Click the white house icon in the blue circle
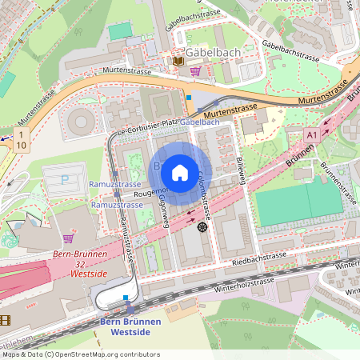[x=180, y=172]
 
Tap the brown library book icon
[x=178, y=60]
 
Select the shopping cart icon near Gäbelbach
[x=195, y=71]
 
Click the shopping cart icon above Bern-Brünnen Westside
[x=68, y=238]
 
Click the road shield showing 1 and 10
[x=21, y=138]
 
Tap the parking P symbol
[x=64, y=179]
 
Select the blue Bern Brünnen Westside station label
[x=130, y=326]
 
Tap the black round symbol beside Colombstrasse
[x=202, y=227]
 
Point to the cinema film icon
[x=6, y=320]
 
